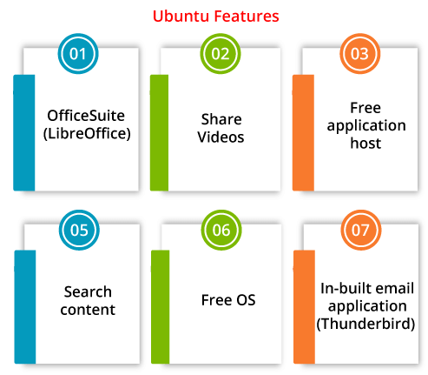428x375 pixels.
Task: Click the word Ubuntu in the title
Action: pyautogui.click(x=181, y=17)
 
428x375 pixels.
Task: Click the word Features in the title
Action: pyautogui.click(x=247, y=17)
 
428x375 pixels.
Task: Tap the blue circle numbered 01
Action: pyautogui.click(x=78, y=54)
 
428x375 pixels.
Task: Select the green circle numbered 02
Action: pyautogui.click(x=221, y=54)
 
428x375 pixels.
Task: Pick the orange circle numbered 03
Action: pyautogui.click(x=360, y=54)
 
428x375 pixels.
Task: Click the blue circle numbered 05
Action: pyautogui.click(x=79, y=230)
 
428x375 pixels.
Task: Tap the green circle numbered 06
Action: pyautogui.click(x=221, y=230)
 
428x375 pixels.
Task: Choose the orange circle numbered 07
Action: pyautogui.click(x=361, y=230)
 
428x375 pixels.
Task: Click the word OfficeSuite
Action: pyautogui.click(x=86, y=116)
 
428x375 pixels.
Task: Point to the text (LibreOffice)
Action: pyautogui.click(x=87, y=134)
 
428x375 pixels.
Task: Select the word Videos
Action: pyautogui.click(x=221, y=137)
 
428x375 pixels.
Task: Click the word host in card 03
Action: pyautogui.click(x=365, y=144)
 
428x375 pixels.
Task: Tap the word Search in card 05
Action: pyautogui.click(x=88, y=291)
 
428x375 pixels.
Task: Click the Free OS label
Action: pyautogui.click(x=228, y=300)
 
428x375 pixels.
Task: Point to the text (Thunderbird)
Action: pyautogui.click(x=365, y=324)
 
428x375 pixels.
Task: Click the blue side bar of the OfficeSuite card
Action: pyautogui.click(x=24, y=133)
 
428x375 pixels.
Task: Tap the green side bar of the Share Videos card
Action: pyautogui.click(x=159, y=133)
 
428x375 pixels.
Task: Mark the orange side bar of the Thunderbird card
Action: pyautogui.click(x=304, y=307)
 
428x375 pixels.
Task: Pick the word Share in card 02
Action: pyautogui.click(x=221, y=119)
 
